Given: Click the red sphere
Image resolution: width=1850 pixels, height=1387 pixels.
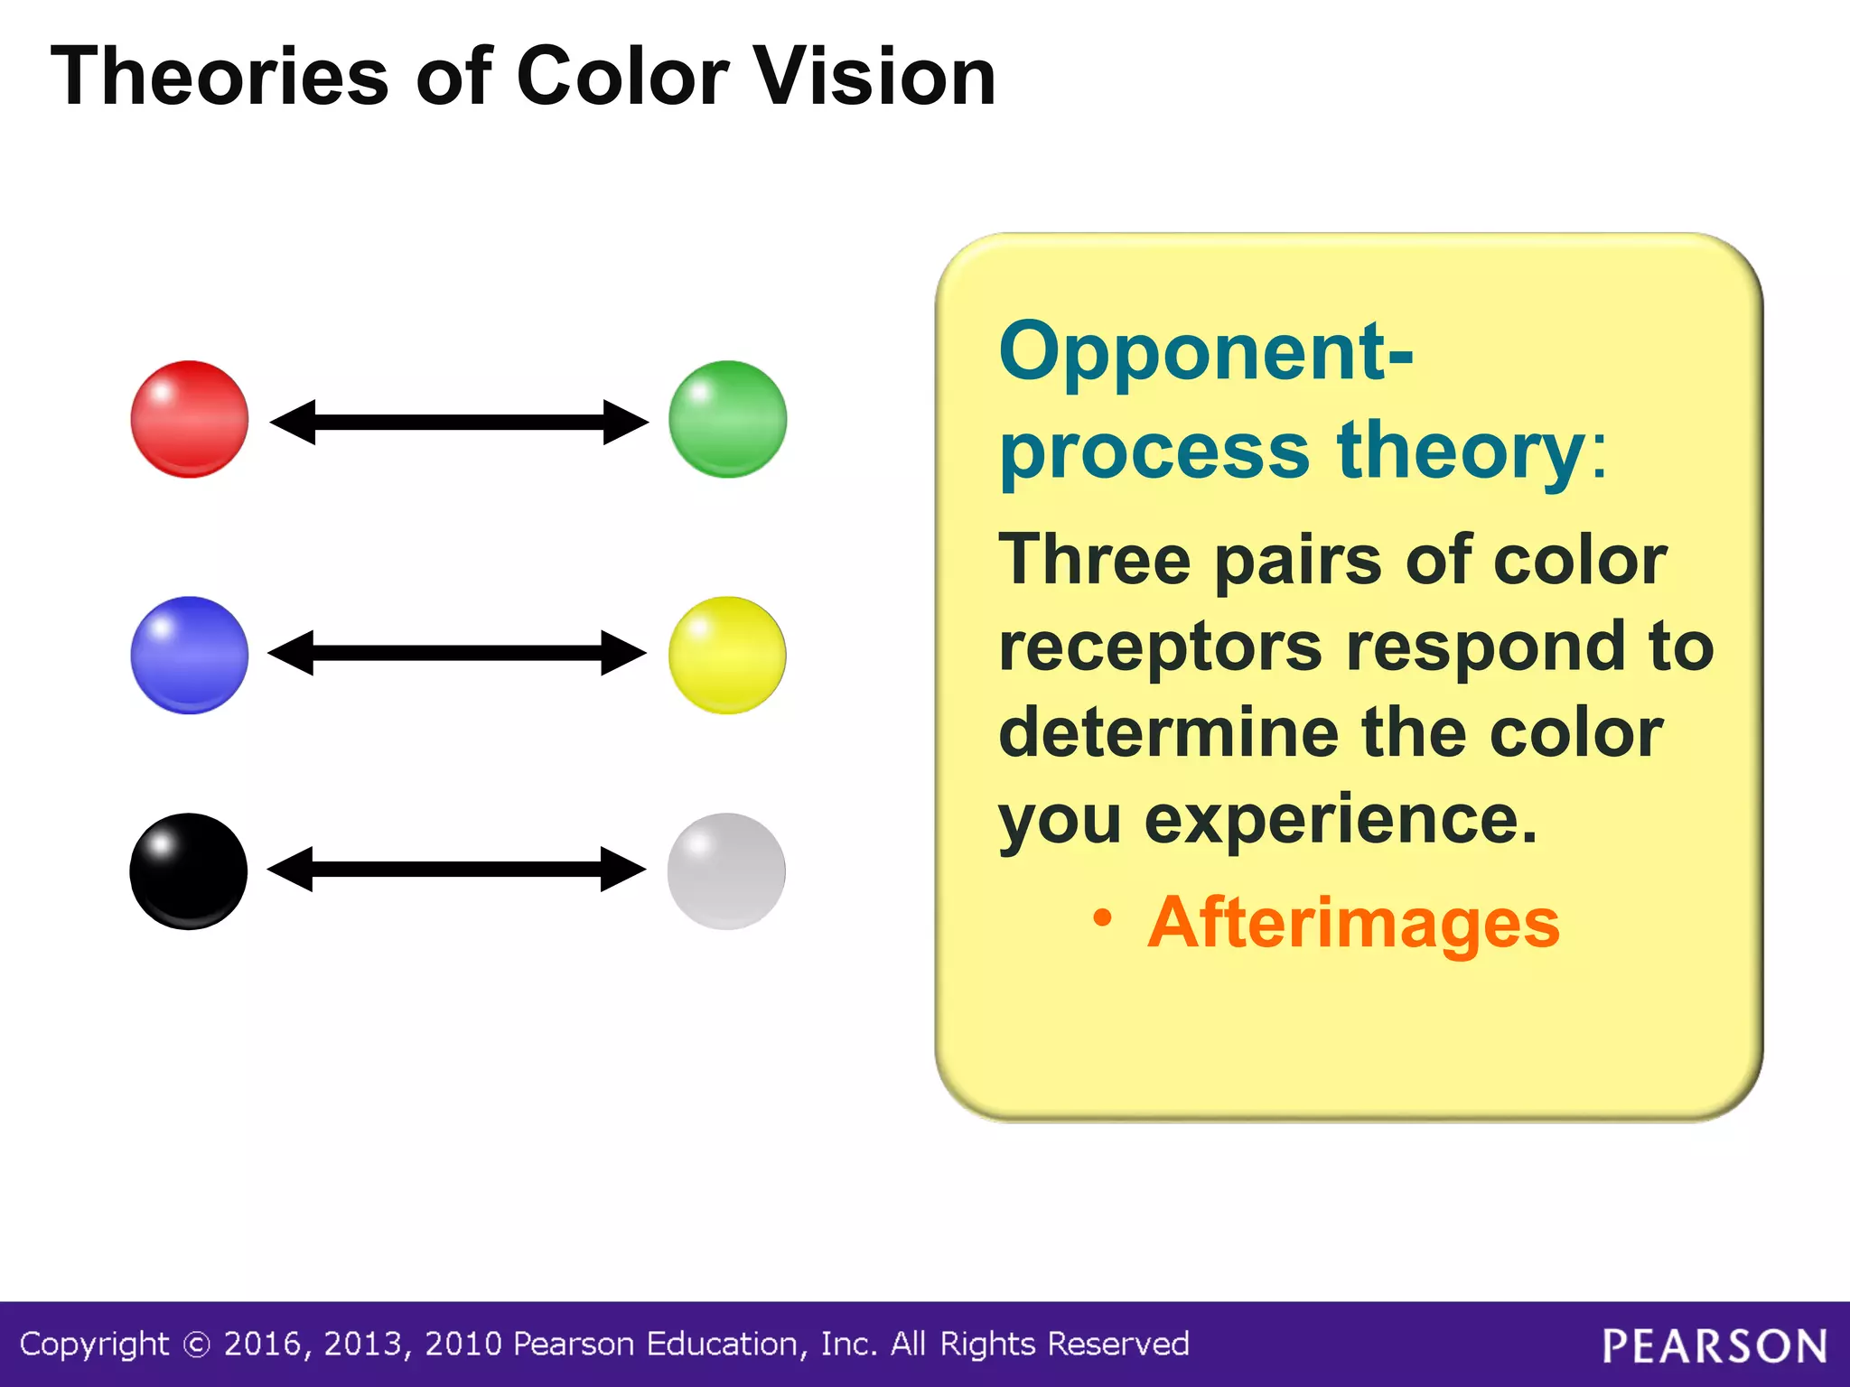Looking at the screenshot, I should click(x=190, y=419).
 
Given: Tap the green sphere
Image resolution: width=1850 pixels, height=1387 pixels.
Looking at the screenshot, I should click(x=727, y=419).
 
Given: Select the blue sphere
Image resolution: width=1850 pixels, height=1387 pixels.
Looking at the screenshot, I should click(x=190, y=655).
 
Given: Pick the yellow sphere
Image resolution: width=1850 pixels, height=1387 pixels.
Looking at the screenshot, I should click(x=727, y=655).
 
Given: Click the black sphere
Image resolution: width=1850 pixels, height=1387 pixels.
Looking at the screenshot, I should click(x=189, y=871).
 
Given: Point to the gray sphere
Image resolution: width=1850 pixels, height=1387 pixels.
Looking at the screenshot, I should click(x=726, y=871).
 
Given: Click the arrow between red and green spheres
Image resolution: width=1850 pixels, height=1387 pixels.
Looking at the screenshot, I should click(x=459, y=422).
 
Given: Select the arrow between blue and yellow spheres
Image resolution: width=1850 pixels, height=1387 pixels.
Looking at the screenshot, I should click(x=457, y=653).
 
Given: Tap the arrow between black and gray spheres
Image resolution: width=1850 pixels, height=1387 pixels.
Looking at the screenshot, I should click(x=456, y=869).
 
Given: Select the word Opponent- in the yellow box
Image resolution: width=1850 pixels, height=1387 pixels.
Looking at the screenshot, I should click(x=1206, y=354).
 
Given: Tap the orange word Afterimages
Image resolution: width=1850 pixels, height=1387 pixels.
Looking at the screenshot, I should click(x=1353, y=923).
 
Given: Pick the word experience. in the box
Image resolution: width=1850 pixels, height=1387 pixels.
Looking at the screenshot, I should click(x=1341, y=820).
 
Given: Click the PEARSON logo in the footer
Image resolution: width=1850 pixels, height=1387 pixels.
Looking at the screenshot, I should click(x=1715, y=1346).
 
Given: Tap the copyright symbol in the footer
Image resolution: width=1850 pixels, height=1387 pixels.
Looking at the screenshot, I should click(x=196, y=1345).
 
